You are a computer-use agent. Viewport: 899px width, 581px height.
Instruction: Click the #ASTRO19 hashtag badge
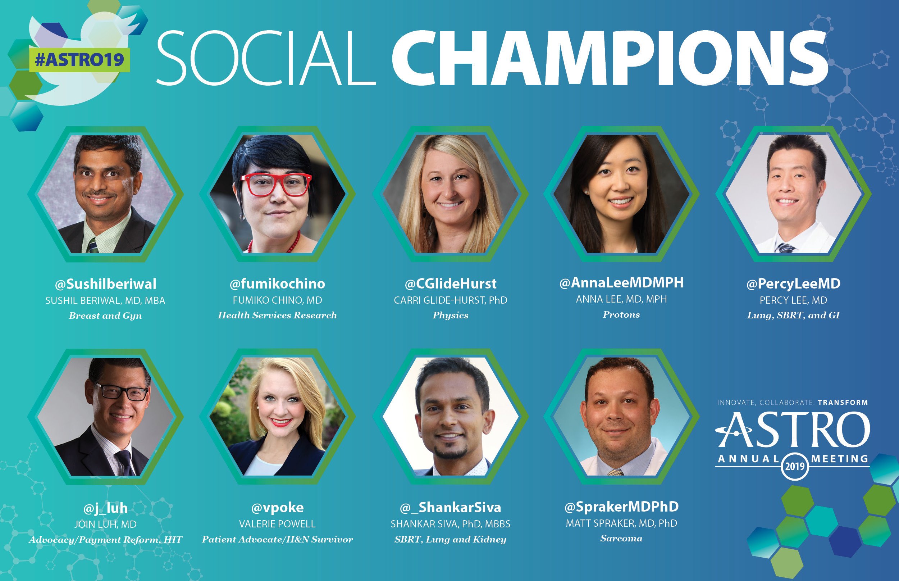(79, 60)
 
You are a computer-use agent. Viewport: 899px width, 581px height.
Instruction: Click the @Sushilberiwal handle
(105, 284)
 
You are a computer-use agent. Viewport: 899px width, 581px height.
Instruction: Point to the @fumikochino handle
(277, 284)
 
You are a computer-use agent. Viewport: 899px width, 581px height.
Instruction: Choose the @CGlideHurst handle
(450, 284)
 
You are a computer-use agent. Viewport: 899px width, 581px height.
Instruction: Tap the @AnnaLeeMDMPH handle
(621, 282)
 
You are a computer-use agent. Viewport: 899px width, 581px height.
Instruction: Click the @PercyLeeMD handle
(793, 284)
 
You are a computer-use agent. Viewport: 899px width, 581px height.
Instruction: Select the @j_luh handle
(105, 508)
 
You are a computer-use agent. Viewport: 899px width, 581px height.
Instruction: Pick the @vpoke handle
(277, 508)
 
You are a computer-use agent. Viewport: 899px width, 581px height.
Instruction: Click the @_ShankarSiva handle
(450, 508)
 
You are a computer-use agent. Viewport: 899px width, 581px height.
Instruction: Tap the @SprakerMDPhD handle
(621, 507)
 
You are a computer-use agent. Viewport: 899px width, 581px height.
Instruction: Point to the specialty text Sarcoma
(621, 538)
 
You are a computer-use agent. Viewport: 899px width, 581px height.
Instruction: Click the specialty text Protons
(621, 315)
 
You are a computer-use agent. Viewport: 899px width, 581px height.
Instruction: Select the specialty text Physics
(450, 316)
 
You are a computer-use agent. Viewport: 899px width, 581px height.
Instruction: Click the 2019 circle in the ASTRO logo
(795, 466)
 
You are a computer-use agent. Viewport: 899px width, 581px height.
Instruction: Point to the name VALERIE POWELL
(277, 524)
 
